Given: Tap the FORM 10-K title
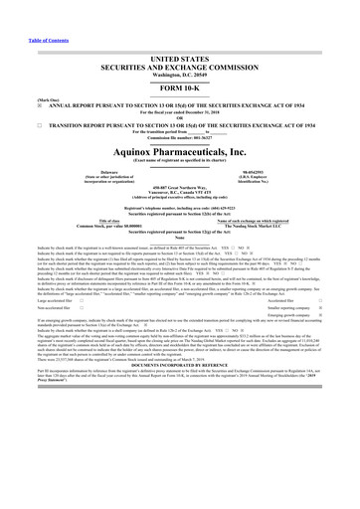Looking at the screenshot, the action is click(180, 86).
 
